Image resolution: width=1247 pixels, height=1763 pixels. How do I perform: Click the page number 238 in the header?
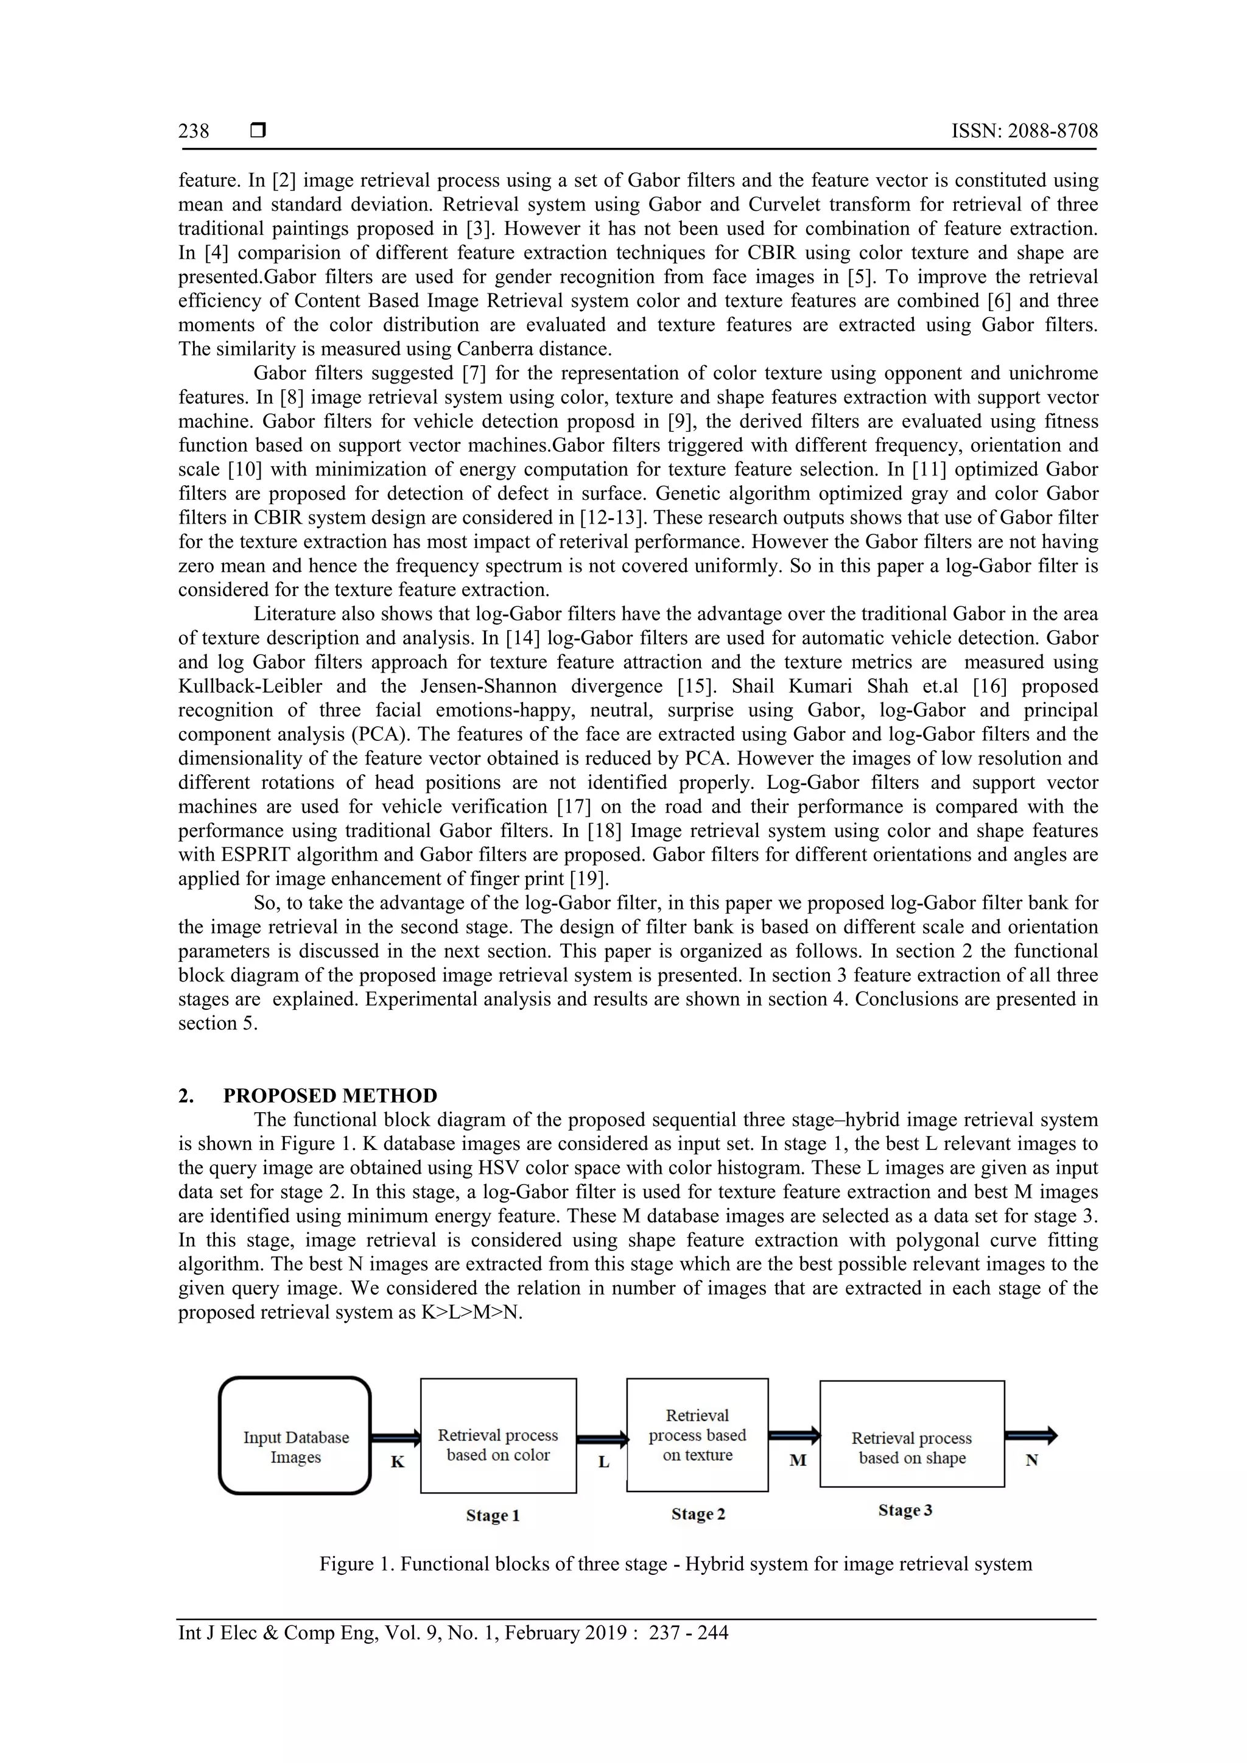click(x=194, y=131)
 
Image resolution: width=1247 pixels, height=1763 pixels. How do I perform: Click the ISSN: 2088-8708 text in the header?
click(x=1024, y=131)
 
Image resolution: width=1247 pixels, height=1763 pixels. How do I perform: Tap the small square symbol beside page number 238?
click(x=258, y=131)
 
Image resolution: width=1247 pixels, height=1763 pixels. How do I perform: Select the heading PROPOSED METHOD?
click(x=330, y=1096)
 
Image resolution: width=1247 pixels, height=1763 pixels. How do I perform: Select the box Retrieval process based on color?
click(x=498, y=1446)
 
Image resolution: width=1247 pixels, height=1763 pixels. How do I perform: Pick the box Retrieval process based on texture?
click(x=697, y=1445)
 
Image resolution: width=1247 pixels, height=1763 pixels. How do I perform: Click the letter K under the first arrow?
click(x=397, y=1462)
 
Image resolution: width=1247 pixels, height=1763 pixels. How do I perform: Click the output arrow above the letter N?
click(x=1031, y=1434)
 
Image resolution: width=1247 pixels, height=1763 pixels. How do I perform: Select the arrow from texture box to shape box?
click(x=795, y=1434)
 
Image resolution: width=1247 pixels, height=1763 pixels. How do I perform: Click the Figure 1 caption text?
click(x=676, y=1564)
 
